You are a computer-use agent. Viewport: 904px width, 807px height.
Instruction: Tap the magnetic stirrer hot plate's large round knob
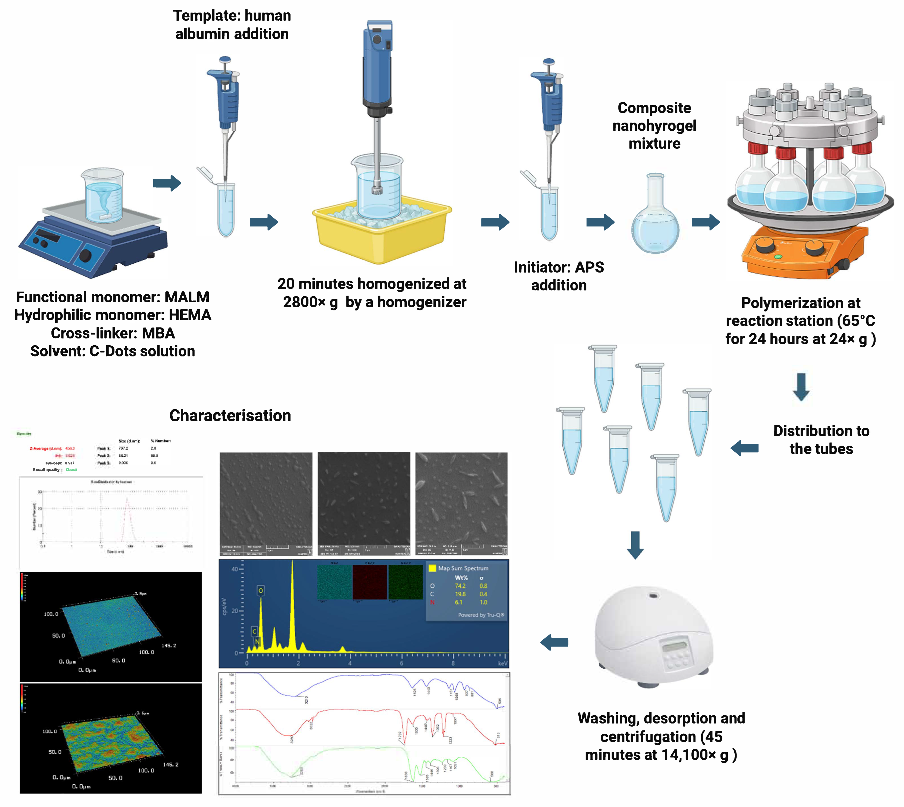pos(85,256)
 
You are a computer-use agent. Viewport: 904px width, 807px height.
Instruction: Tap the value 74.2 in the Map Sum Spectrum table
pos(460,586)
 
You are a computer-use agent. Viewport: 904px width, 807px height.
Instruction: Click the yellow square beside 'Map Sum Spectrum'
pos(432,568)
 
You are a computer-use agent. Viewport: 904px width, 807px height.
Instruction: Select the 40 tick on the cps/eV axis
pos(235,569)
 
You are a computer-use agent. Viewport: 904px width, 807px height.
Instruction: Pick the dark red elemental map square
pos(369,582)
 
